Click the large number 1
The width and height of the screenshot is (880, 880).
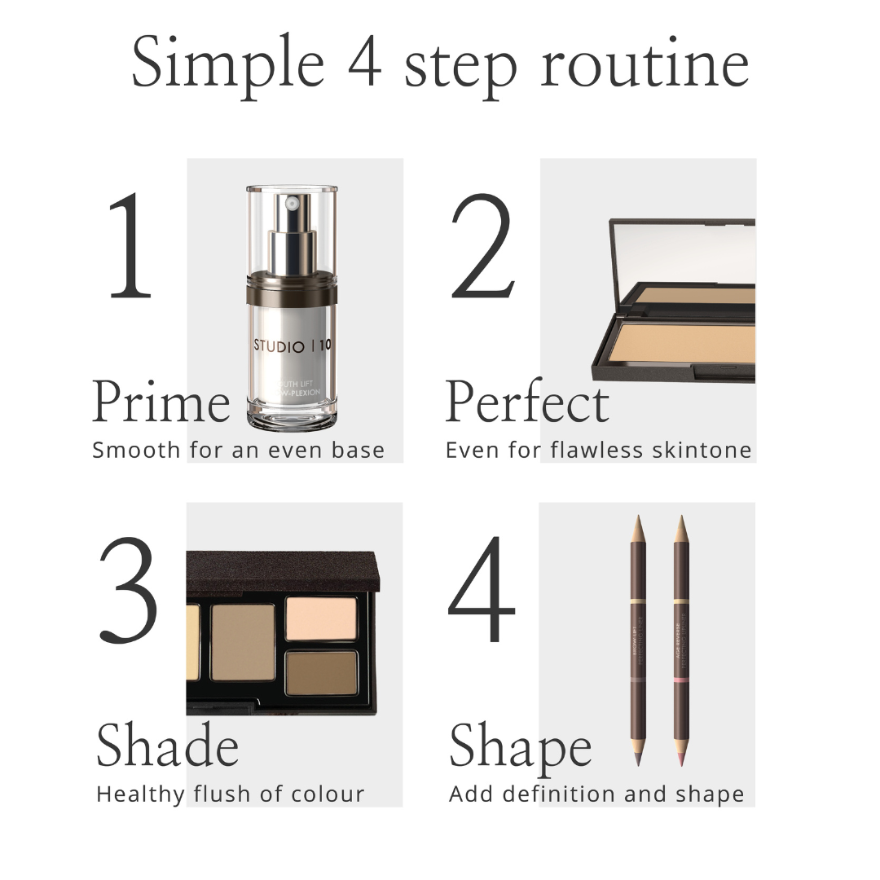(x=130, y=246)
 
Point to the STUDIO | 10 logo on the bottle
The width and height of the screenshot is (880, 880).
(x=292, y=345)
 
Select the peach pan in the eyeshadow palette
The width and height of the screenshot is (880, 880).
(x=321, y=619)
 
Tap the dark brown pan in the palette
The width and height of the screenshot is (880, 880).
(x=321, y=673)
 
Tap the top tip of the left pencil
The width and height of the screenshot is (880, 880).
(x=637, y=524)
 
